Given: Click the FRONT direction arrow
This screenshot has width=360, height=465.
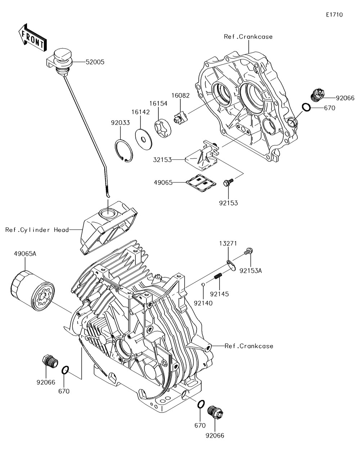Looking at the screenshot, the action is (32, 38).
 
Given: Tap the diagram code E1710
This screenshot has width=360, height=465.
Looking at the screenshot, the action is (334, 15).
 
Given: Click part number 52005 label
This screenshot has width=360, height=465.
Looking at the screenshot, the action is (95, 62).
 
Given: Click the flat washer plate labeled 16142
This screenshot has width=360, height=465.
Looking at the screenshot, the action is (144, 139).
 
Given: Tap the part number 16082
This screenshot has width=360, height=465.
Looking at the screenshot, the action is (180, 95).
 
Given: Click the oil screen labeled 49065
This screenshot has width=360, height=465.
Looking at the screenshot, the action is (201, 182).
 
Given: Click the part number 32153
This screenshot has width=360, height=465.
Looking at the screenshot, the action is (162, 160).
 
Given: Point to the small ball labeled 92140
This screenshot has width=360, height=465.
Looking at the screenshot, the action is (203, 284).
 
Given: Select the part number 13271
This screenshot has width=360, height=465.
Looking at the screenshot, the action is (228, 243).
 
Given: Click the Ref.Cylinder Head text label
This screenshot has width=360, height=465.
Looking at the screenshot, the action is (37, 230).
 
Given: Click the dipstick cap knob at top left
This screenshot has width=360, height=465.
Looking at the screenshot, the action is (63, 58).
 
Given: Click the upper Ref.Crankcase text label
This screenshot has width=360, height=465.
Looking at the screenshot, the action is (248, 37).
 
